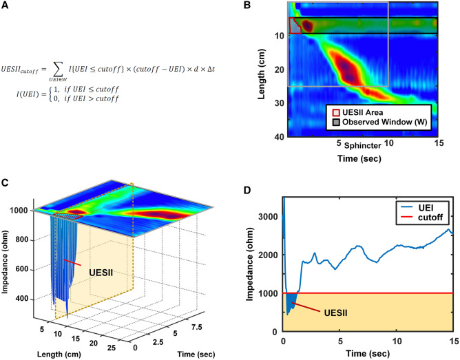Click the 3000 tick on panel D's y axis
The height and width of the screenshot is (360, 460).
(x=269, y=217)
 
